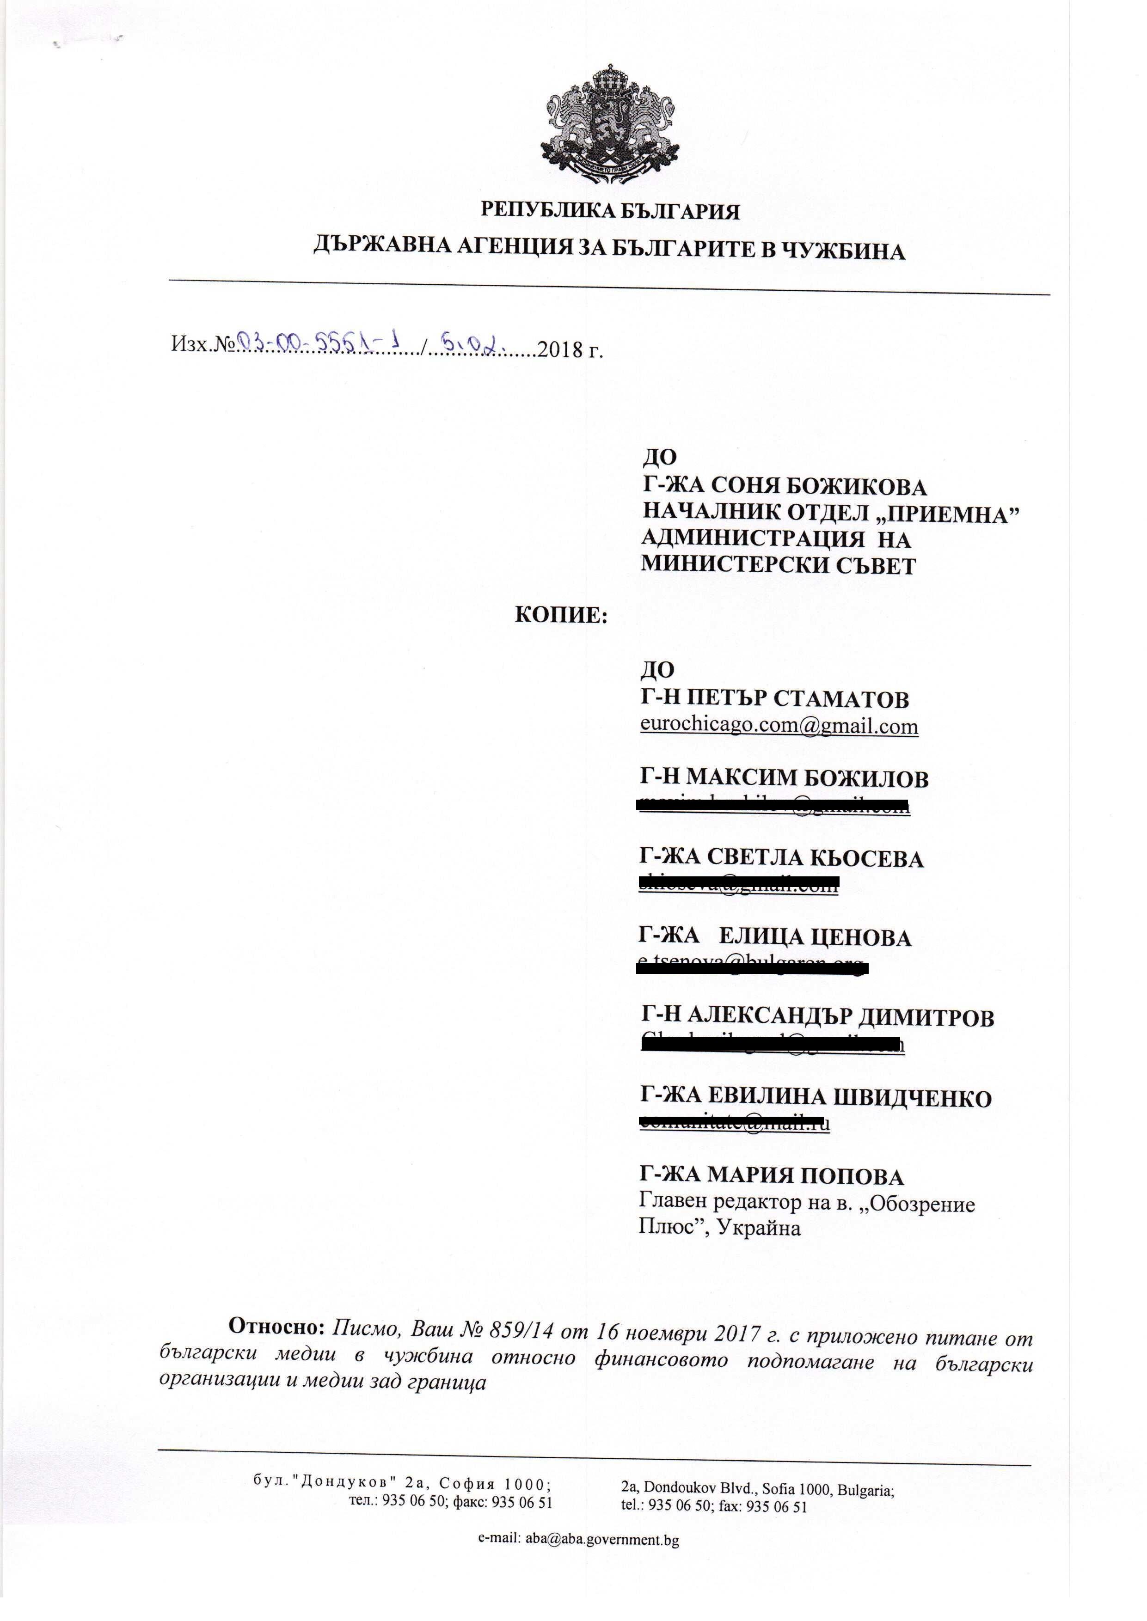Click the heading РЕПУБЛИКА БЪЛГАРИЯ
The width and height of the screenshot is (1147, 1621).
[x=611, y=211]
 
